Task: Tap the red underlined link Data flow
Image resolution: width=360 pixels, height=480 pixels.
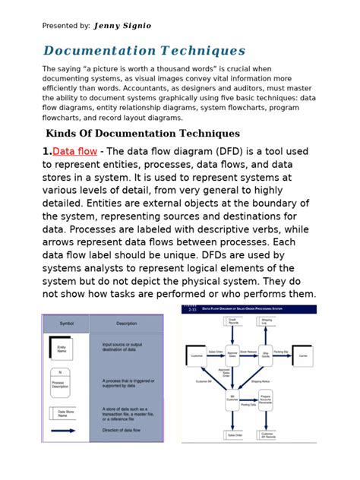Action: [74, 151]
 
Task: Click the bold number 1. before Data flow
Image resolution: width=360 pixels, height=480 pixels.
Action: [46, 151]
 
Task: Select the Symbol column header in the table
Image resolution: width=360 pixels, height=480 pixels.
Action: [66, 323]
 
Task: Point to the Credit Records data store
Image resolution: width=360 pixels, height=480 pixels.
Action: [232, 321]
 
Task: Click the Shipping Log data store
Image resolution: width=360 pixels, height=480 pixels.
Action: [267, 321]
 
